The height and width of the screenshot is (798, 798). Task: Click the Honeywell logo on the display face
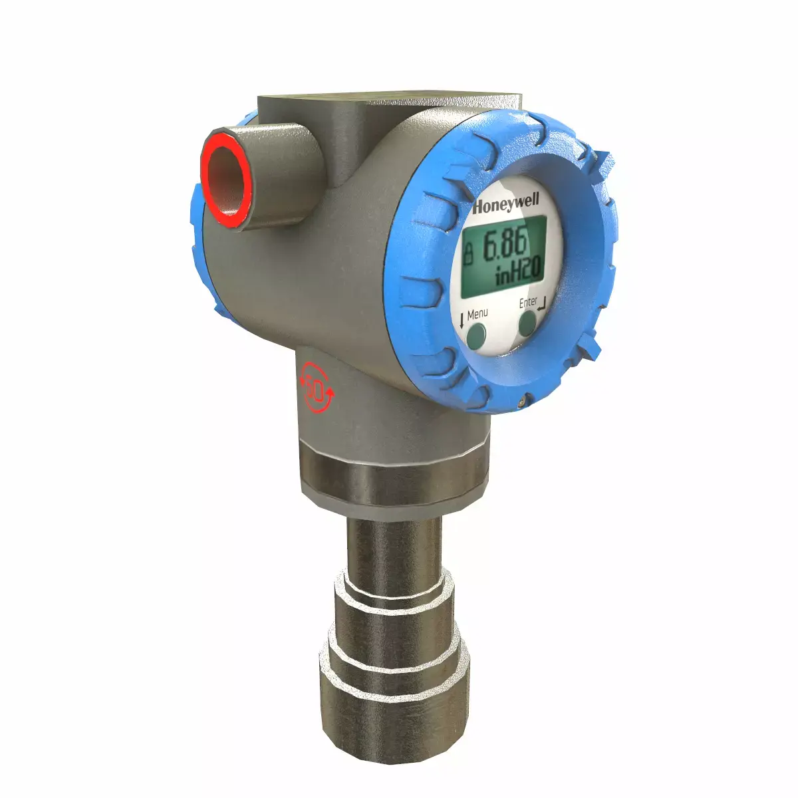[x=507, y=203]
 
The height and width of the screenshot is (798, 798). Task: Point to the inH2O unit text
[x=519, y=273]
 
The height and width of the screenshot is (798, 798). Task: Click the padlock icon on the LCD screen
[x=469, y=253]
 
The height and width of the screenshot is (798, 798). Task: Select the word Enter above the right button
[x=528, y=303]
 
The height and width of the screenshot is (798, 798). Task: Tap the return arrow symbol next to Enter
[x=544, y=305]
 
